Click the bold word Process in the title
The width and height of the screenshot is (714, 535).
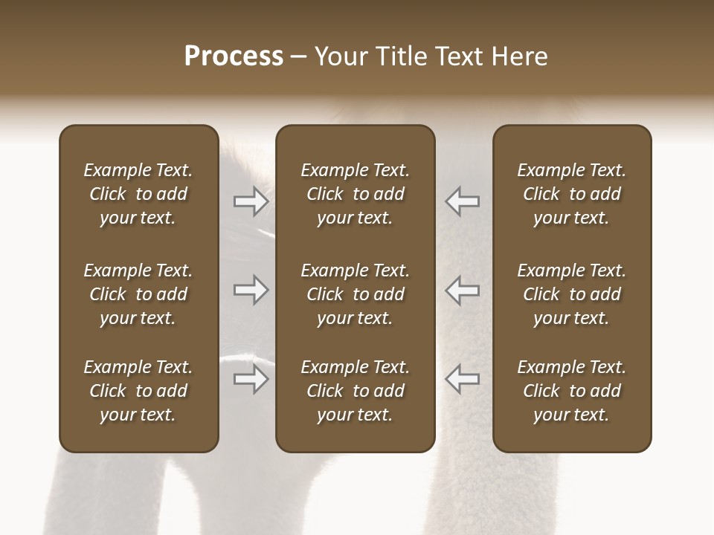click(x=234, y=56)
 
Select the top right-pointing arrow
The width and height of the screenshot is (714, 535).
click(x=251, y=201)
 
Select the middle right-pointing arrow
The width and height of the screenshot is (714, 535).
click(x=251, y=290)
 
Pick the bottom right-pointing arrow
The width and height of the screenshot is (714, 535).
click(x=251, y=379)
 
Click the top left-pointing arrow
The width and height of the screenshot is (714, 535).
click(x=463, y=201)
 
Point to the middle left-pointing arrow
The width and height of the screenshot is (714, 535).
click(x=463, y=290)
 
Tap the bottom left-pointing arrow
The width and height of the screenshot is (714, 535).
click(x=463, y=379)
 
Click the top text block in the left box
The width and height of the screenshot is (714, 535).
click(x=138, y=194)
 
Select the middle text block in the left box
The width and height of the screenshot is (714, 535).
click(x=138, y=294)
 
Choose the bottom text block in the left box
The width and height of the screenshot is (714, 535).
click(x=138, y=391)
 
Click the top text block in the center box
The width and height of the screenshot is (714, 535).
click(x=355, y=194)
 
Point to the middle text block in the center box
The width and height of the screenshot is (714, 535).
click(x=355, y=294)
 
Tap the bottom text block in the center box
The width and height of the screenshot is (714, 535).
click(x=355, y=391)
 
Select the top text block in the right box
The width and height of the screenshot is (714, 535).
click(x=571, y=194)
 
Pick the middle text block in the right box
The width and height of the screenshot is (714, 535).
click(x=571, y=294)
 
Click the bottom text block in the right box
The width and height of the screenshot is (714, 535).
click(x=571, y=391)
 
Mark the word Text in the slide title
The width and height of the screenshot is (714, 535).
click(x=461, y=56)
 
